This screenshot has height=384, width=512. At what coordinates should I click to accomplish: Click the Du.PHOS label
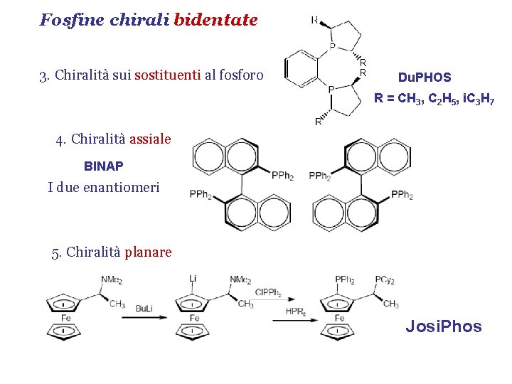tap(425, 77)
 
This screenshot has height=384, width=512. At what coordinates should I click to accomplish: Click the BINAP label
tap(103, 166)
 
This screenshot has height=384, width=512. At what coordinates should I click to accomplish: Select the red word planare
tap(148, 252)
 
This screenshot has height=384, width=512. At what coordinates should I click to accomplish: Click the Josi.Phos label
tap(443, 326)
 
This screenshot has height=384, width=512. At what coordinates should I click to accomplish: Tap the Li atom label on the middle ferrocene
tap(193, 278)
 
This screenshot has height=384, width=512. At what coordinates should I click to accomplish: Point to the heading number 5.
tap(55, 252)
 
